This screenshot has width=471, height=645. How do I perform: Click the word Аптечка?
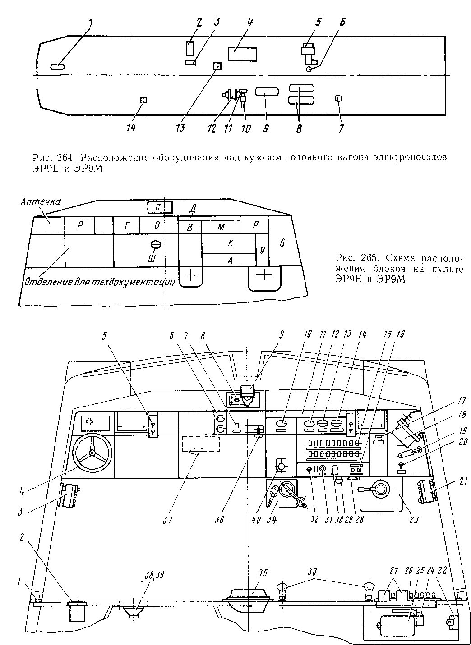pyautogui.click(x=41, y=201)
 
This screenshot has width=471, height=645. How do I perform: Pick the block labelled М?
pyautogui.click(x=221, y=227)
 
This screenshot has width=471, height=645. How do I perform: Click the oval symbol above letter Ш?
pyautogui.click(x=156, y=245)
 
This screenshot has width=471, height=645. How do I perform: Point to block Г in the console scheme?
pyautogui.click(x=126, y=225)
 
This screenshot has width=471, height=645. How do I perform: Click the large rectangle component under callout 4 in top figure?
pyautogui.click(x=243, y=55)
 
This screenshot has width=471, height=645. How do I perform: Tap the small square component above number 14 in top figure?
pyautogui.click(x=144, y=100)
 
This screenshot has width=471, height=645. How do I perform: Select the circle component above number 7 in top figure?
pyautogui.click(x=339, y=99)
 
